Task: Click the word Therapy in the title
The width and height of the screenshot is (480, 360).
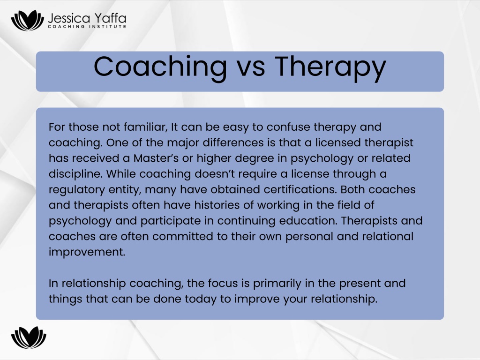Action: tap(330, 67)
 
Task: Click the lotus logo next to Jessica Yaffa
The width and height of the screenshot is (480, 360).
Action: tap(27, 20)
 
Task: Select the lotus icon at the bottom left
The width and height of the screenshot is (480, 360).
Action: tap(29, 337)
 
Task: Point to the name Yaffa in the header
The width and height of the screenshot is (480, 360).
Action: tap(110, 18)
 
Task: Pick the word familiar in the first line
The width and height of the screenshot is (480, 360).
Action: tap(145, 127)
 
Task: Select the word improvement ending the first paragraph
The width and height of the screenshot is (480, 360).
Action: tap(87, 252)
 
